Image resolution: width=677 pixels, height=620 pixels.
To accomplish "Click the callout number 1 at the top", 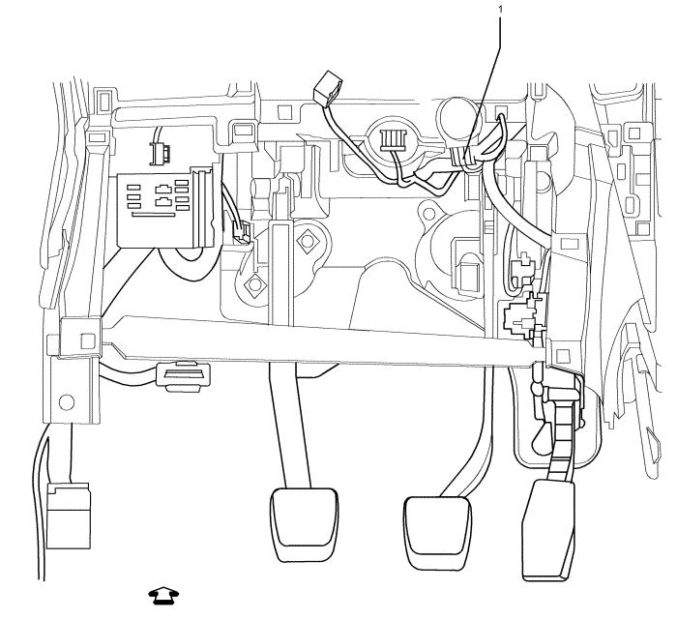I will point(501,9).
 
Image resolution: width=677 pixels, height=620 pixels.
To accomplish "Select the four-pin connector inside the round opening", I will point(393,138).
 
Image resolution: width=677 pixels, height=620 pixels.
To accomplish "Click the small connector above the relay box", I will point(157,151).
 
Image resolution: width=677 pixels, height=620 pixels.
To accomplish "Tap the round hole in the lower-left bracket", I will point(66,400).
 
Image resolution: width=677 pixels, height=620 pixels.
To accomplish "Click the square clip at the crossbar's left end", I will point(86,340).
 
